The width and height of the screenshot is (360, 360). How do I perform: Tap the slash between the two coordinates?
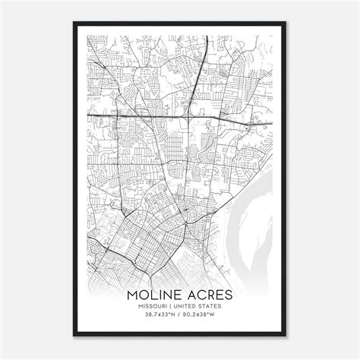point(179,317)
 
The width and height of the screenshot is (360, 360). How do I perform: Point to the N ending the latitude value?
point(172,317)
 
